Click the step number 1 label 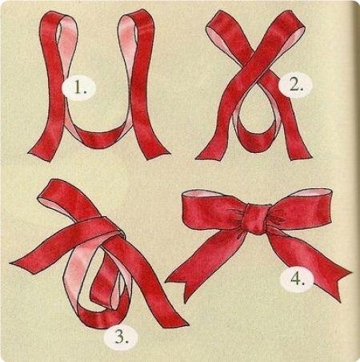pos(78,86)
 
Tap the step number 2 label pos(295,86)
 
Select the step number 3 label pos(122,337)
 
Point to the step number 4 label pos(297,279)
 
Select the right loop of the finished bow pos(302,208)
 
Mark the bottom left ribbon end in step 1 pos(40,154)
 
